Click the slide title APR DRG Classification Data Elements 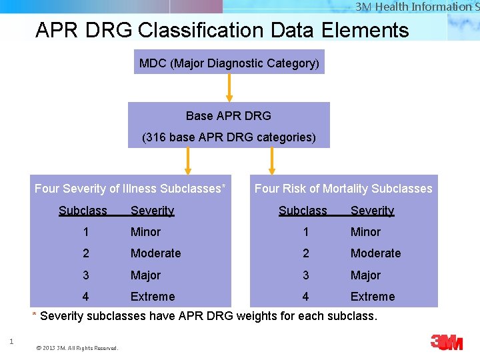point(222,30)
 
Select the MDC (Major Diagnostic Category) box point(229,63)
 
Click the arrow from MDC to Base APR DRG point(229,87)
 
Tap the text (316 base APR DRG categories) point(229,137)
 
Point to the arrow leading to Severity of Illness point(188,161)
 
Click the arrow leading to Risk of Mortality point(271,161)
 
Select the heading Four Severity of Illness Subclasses point(130,189)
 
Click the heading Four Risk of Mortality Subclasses point(343,189)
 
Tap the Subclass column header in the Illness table point(83,211)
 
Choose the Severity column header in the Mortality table point(372,211)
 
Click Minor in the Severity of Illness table point(145,232)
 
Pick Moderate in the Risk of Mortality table point(375,253)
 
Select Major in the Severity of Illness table point(145,275)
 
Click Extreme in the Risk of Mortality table point(373,297)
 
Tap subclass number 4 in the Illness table point(85,297)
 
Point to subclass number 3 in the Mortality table point(305,275)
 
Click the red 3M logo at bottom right point(447,342)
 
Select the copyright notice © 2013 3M point(77,348)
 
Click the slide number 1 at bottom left point(11,342)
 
